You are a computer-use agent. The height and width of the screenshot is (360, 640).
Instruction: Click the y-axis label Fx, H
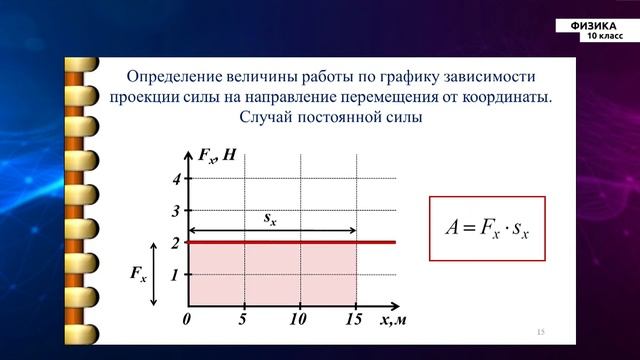click(x=215, y=155)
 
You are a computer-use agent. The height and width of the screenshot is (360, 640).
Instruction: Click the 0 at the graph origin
click(x=187, y=320)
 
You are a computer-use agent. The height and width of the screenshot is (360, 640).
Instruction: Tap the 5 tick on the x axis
click(x=243, y=320)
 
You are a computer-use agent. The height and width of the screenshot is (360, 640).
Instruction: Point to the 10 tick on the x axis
click(x=298, y=320)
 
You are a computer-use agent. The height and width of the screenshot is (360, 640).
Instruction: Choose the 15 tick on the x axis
click(x=353, y=320)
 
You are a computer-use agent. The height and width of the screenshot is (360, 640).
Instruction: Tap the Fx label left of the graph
click(x=138, y=273)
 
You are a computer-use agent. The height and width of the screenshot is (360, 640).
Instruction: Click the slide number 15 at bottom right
click(x=541, y=331)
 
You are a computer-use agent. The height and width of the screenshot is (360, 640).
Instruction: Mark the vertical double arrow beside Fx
click(x=153, y=273)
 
